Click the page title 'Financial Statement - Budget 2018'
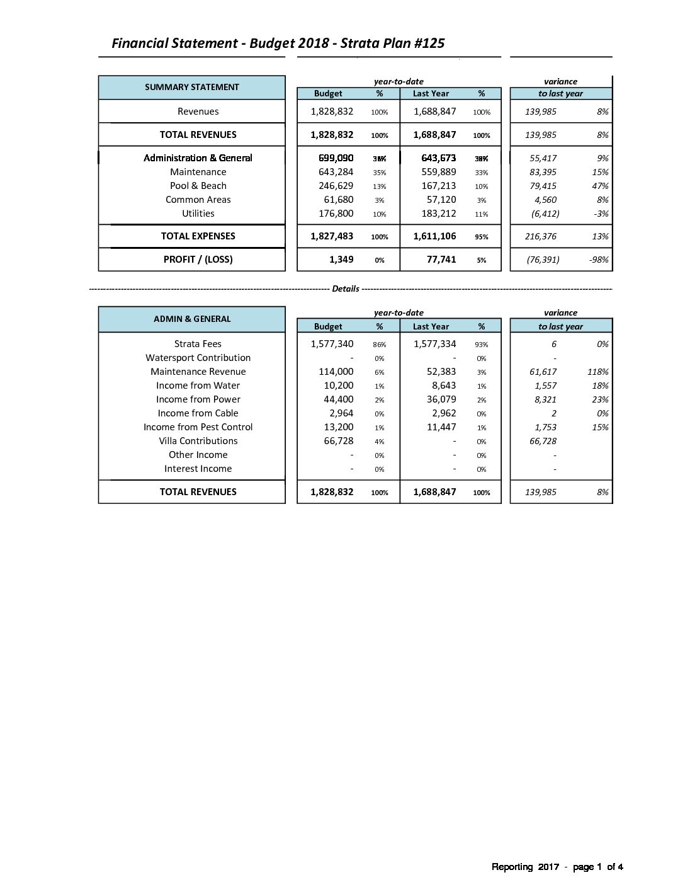point(278,43)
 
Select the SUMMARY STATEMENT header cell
point(192,87)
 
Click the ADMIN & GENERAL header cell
point(192,319)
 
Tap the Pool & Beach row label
point(198,186)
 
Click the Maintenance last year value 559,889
point(438,172)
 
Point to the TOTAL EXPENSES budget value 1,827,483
point(332,236)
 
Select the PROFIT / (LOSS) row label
point(198,260)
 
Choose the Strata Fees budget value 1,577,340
point(332,344)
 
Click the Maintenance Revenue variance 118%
point(597,372)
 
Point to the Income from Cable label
point(198,413)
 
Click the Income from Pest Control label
point(198,427)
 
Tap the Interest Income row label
point(198,469)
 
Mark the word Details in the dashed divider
point(345,289)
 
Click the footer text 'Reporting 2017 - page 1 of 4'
point(557,867)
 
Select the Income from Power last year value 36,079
point(441,399)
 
